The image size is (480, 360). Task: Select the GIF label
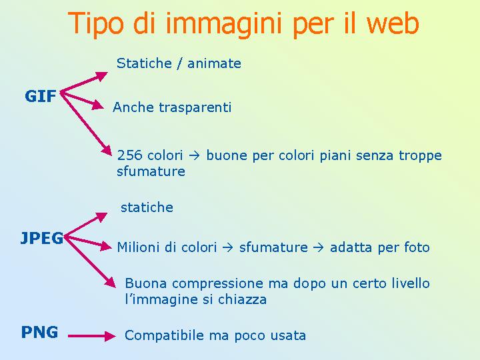tap(41, 96)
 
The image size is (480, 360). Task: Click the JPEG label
tap(42, 238)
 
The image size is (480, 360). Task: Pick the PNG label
tap(39, 332)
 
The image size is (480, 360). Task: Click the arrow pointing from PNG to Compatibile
tap(92, 336)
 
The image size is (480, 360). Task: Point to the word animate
tap(214, 64)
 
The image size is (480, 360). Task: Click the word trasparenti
tap(195, 108)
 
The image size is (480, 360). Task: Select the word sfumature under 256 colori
tap(151, 171)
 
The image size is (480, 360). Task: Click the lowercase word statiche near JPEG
tap(147, 207)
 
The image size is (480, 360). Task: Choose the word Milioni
tap(136, 247)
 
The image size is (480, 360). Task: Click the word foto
tap(417, 247)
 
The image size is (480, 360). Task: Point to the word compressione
tap(217, 284)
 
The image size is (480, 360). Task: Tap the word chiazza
tap(242, 299)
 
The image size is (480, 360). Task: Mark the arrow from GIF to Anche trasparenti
tap(82, 100)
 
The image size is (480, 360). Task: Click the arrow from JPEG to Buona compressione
tap(90, 262)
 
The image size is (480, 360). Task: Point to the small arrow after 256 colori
tap(195, 156)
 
